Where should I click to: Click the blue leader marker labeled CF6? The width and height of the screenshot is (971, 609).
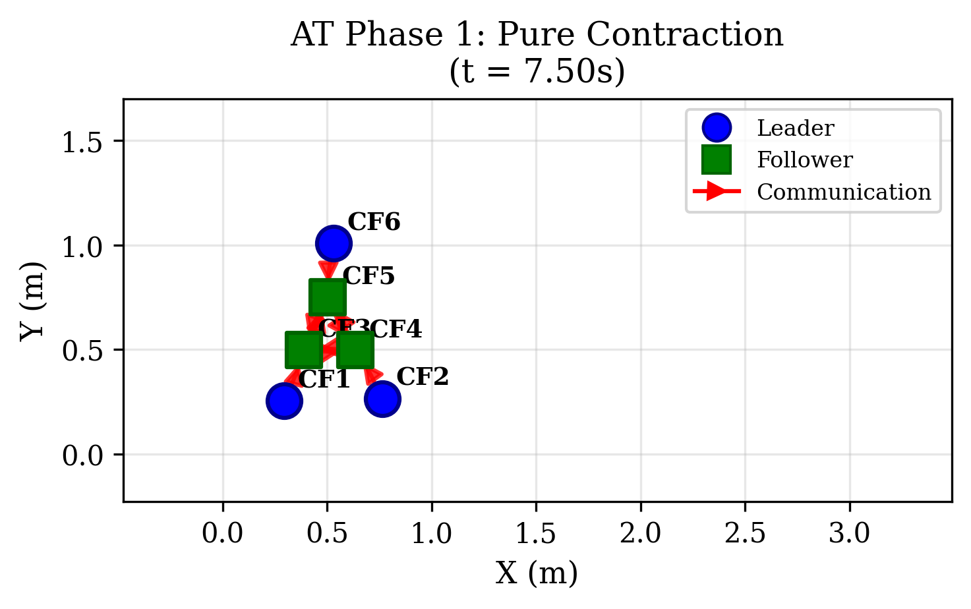[x=333, y=244]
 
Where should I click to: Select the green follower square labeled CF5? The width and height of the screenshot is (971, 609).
[x=327, y=297]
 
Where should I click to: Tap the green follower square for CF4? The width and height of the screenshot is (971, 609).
[x=355, y=349]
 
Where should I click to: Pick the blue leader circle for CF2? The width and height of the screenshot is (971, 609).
[x=382, y=399]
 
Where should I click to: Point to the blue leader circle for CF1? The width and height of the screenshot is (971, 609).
[x=284, y=401]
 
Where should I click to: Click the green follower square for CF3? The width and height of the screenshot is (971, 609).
[x=303, y=349]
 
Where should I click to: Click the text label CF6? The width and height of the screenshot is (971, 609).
[x=374, y=222]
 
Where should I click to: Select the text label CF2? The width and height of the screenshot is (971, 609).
[x=423, y=377]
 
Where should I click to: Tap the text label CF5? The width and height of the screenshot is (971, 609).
[x=368, y=276]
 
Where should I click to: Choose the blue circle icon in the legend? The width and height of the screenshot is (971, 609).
[x=717, y=128]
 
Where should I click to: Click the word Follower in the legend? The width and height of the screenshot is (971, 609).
[x=804, y=160]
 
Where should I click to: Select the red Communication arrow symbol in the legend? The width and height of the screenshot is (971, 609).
[x=717, y=192]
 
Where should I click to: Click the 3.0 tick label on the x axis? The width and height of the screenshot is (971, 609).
[x=849, y=533]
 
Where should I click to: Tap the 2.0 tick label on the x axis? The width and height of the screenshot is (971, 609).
[x=640, y=533]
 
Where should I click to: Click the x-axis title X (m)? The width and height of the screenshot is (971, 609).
[x=537, y=573]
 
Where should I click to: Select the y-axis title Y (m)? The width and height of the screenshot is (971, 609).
[x=32, y=301]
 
